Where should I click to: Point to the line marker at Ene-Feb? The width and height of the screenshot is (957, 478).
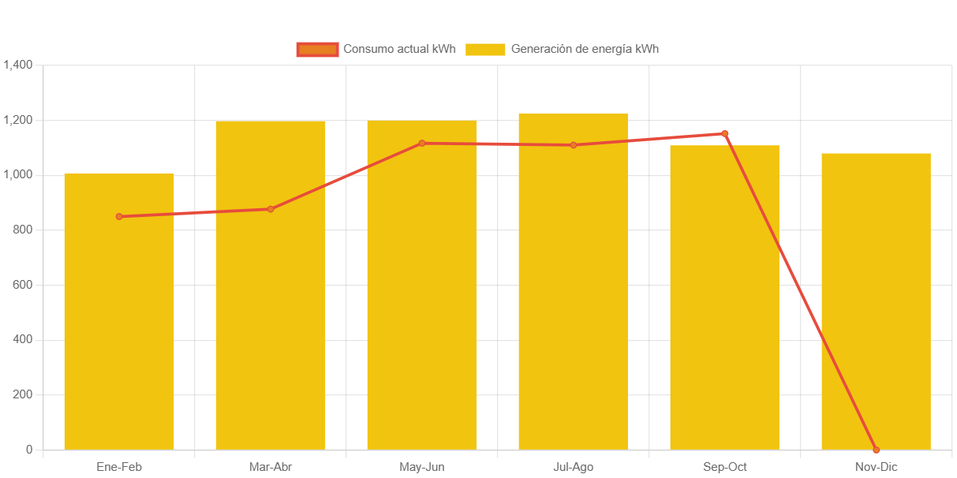(119, 216)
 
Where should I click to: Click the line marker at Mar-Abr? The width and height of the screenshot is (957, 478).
(271, 209)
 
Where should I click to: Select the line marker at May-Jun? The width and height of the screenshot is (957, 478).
(422, 144)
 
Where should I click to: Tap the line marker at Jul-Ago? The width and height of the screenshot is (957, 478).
(574, 145)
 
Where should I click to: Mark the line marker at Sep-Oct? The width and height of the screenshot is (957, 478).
(725, 133)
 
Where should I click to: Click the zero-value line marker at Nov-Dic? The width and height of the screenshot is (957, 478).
(876, 450)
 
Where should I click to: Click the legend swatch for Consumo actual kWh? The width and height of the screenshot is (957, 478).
(317, 49)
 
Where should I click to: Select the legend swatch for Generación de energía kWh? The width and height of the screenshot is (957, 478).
(485, 49)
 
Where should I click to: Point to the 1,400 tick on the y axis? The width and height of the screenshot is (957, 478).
(17, 65)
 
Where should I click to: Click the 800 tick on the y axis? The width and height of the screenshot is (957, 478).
(22, 230)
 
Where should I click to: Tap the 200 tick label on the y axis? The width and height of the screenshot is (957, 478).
(22, 394)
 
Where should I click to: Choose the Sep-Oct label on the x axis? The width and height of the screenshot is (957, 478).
(725, 467)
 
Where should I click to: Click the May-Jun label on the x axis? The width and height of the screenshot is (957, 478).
(422, 467)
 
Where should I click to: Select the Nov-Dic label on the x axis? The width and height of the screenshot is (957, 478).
(876, 467)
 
